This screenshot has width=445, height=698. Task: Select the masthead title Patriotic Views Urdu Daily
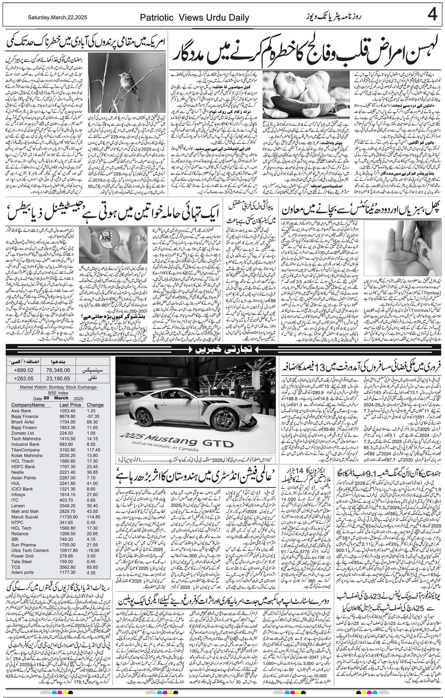[194, 18]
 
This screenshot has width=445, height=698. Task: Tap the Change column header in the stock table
[95, 405]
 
